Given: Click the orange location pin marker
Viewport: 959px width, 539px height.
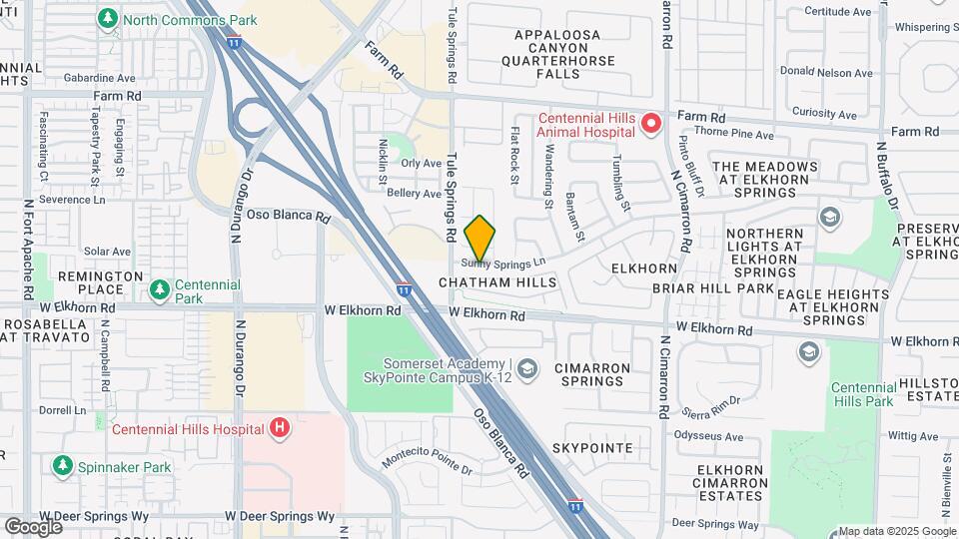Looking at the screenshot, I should tap(479, 238).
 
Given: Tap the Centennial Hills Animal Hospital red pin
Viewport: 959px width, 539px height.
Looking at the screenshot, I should tap(651, 124).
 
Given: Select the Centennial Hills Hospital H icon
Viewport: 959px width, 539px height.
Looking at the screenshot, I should tap(281, 429).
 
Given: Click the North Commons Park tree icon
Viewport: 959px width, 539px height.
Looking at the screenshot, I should tap(107, 19).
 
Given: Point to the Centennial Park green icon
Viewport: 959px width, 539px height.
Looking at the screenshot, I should tap(158, 290).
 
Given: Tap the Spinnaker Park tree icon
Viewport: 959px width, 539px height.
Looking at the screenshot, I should tap(62, 465).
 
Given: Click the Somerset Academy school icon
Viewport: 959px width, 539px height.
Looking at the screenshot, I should tap(527, 369).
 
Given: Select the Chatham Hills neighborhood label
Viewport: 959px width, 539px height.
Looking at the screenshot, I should tap(497, 283).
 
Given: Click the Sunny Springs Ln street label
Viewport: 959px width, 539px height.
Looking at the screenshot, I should tap(504, 263).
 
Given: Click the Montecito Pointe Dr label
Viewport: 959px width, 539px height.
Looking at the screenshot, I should tap(427, 463).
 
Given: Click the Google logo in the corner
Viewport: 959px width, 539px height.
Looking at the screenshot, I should tap(33, 526).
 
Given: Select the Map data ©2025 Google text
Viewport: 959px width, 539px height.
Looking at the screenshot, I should tap(897, 532).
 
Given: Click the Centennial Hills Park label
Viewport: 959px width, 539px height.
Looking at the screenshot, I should tap(862, 393).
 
